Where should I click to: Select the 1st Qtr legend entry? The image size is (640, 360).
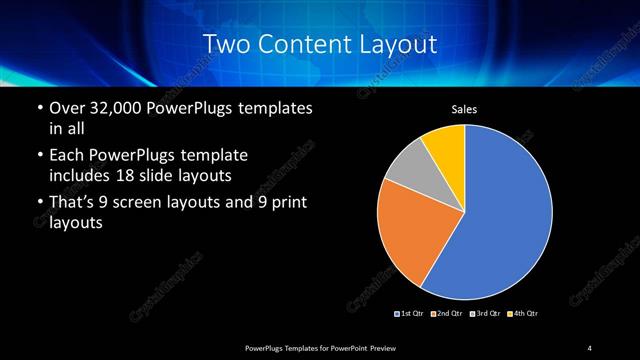pos(410,314)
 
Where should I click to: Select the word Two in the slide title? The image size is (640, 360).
pos(225,43)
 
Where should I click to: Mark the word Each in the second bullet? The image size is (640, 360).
pos(64,156)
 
